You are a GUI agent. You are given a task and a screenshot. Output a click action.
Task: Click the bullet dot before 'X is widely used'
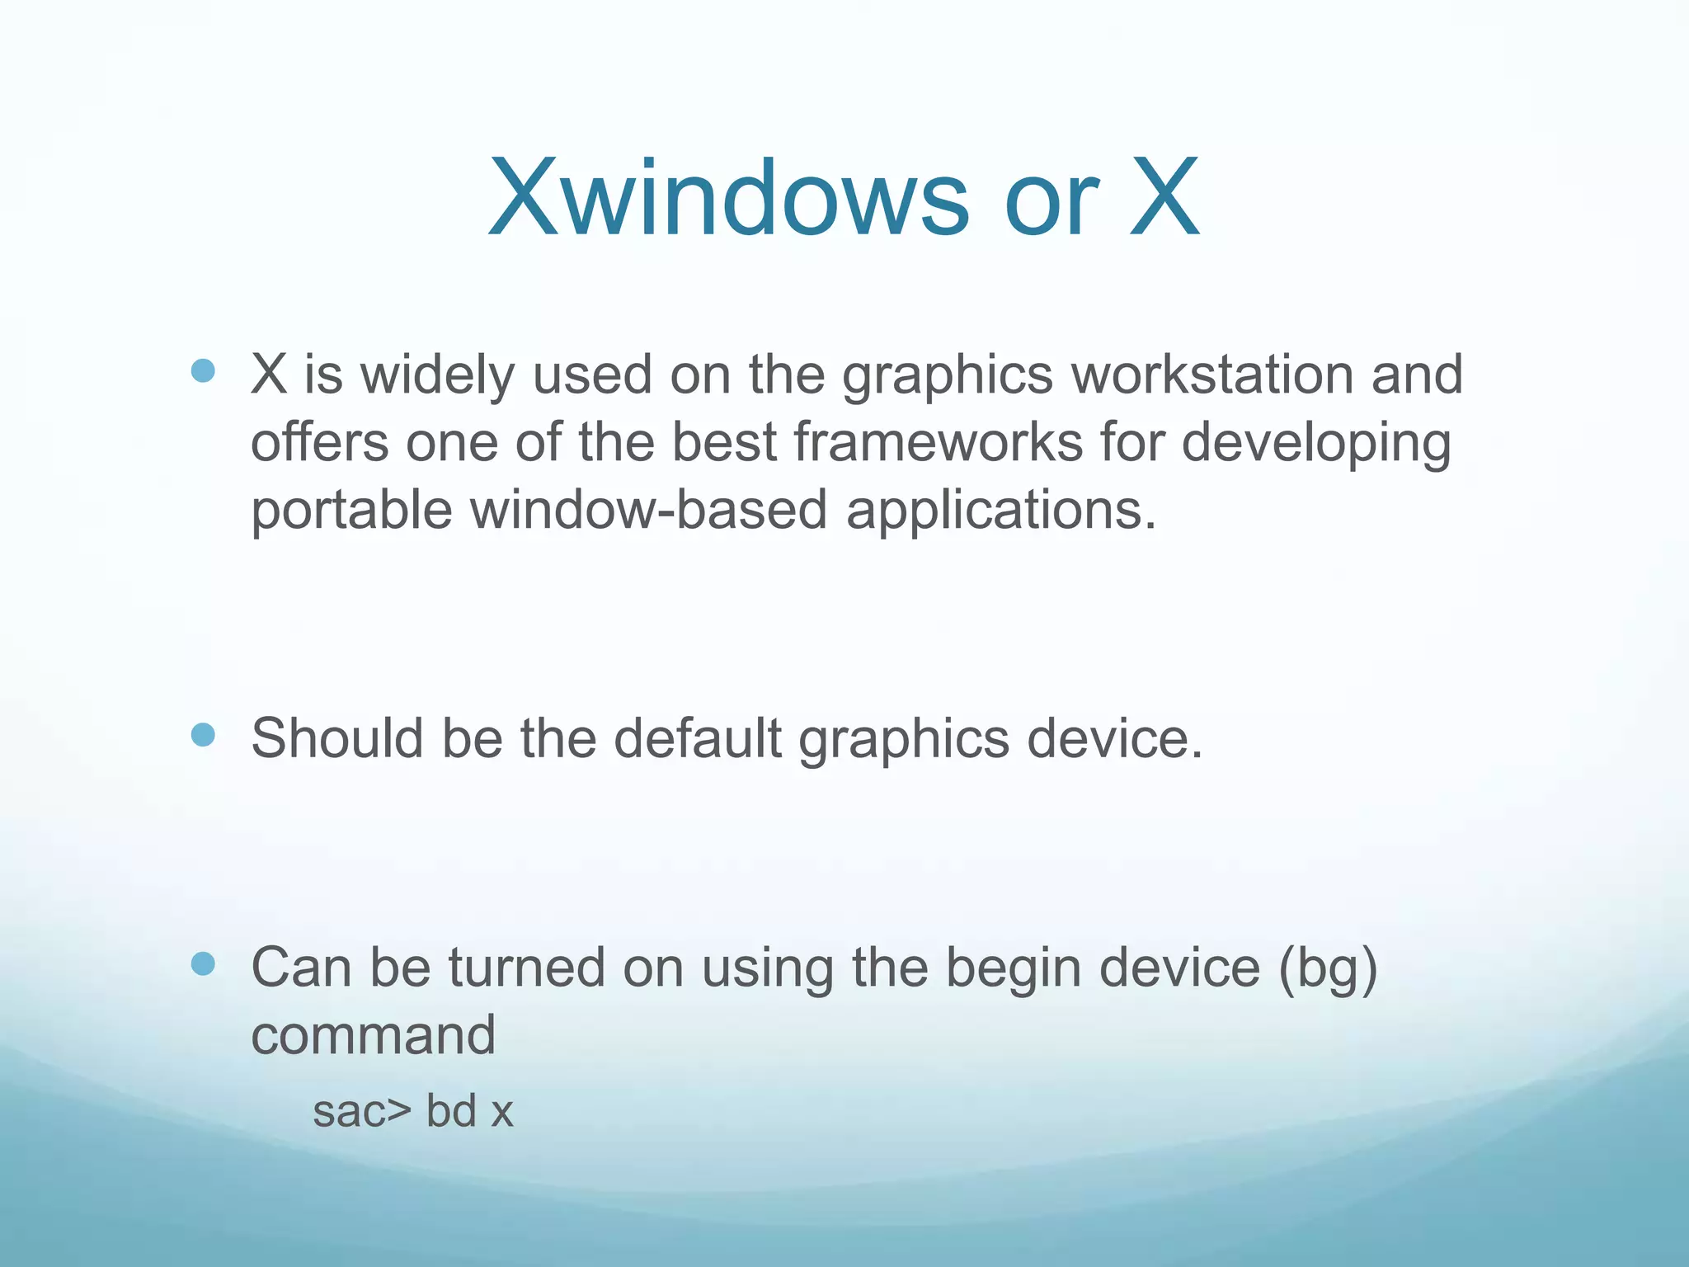coord(203,371)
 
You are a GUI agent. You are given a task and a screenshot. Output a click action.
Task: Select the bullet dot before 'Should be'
coord(203,734)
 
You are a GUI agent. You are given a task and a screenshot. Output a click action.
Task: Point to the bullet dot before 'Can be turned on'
coord(203,963)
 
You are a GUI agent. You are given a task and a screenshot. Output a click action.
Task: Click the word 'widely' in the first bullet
coord(437,376)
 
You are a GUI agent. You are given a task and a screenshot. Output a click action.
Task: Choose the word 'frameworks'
coord(939,442)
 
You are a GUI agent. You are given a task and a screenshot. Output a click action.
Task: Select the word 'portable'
coord(351,510)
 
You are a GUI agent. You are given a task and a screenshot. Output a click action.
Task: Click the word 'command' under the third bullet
coord(374,1036)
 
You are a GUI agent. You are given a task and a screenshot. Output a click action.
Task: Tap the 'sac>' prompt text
coord(361,1112)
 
